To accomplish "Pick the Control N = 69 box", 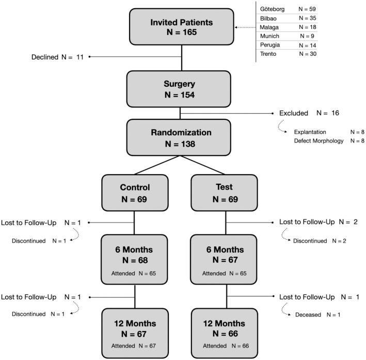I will [135, 193].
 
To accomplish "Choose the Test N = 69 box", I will [224, 193].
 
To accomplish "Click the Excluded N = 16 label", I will [309, 113].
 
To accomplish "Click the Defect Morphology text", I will [319, 140].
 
